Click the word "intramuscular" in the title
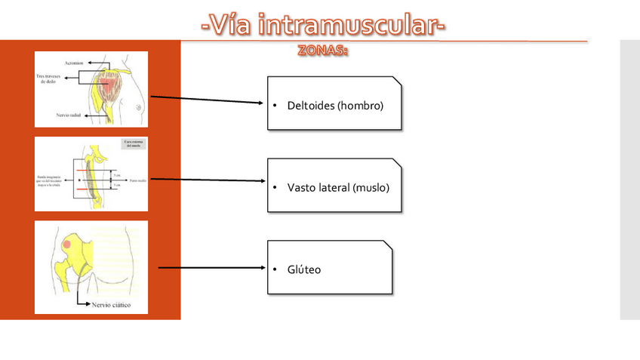(x=346, y=26)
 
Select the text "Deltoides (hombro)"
(x=335, y=105)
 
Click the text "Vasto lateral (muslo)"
(x=338, y=187)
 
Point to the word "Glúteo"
(x=304, y=269)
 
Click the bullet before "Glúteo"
(x=276, y=269)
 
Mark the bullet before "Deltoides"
(x=276, y=105)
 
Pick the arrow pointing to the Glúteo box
(x=211, y=267)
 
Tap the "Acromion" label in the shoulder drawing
(x=73, y=62)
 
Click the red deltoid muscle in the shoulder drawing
(x=107, y=88)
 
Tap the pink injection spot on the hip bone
(x=67, y=245)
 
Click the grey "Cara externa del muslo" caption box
(x=133, y=145)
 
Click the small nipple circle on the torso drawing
(x=138, y=108)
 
